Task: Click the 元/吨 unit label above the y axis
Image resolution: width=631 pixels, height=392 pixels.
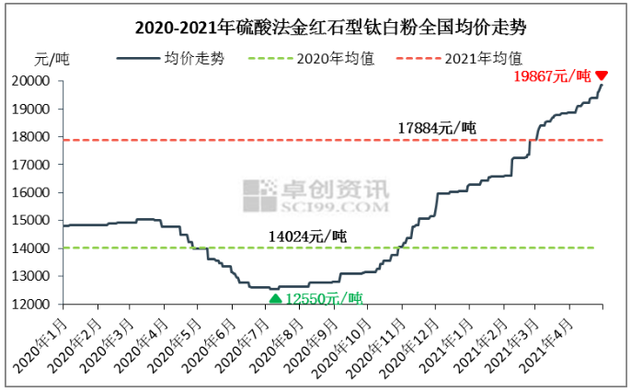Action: point(51,61)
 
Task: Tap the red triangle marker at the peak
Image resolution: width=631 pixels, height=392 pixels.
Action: point(602,76)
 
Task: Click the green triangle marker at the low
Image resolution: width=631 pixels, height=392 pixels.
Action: point(274,298)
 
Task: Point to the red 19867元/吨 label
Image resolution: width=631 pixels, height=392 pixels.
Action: point(551,76)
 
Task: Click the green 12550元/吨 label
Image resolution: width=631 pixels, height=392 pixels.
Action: point(324,299)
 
